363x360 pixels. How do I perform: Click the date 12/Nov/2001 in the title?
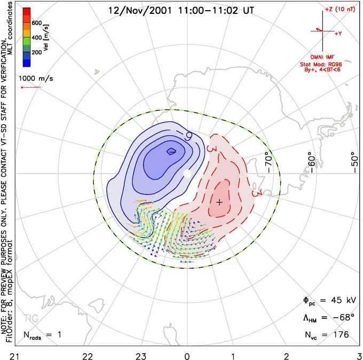pyautogui.click(x=136, y=10)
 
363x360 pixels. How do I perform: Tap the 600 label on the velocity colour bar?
pyautogui.click(x=36, y=23)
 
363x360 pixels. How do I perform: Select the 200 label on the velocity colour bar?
pyautogui.click(x=36, y=53)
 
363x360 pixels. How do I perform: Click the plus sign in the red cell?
pyautogui.click(x=219, y=202)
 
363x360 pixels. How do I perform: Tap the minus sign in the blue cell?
pyautogui.click(x=172, y=152)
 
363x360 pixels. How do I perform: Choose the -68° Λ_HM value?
pyautogui.click(x=343, y=318)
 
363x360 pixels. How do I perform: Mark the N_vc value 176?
pyautogui.click(x=341, y=334)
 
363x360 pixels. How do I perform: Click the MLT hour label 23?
pyautogui.click(x=140, y=354)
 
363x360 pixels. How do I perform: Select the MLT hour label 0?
pyautogui.click(x=187, y=354)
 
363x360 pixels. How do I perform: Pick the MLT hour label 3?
pyautogui.click(x=359, y=354)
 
